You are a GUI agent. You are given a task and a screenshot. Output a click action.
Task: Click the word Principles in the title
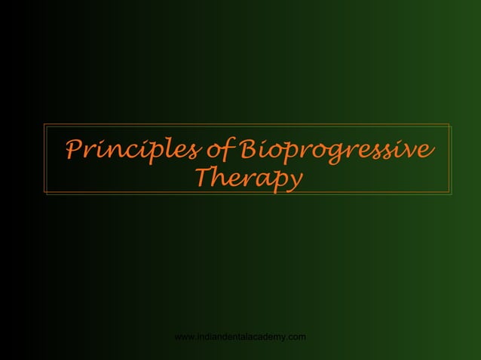[x=133, y=149]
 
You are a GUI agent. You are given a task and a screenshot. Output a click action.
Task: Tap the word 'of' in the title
[x=219, y=149]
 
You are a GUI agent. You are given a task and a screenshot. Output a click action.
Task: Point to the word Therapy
[x=248, y=178]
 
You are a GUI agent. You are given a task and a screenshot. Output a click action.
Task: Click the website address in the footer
[x=240, y=336]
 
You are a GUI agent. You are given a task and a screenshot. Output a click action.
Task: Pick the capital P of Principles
[x=74, y=148]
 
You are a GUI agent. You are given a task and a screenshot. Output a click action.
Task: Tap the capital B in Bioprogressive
[x=247, y=148]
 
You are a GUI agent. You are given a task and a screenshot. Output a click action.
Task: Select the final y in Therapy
[x=295, y=182]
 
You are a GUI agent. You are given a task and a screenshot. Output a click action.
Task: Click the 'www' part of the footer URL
[x=185, y=336]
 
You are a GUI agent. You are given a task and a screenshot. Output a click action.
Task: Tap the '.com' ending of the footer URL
[x=296, y=336]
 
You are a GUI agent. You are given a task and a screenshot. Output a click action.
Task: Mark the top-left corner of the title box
[x=44, y=124]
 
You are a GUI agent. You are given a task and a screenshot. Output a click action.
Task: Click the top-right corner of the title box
[x=451, y=124]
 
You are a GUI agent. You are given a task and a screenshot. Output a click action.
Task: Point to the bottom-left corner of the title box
[x=44, y=195]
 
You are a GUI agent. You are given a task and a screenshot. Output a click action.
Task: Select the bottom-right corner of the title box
[x=451, y=195]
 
